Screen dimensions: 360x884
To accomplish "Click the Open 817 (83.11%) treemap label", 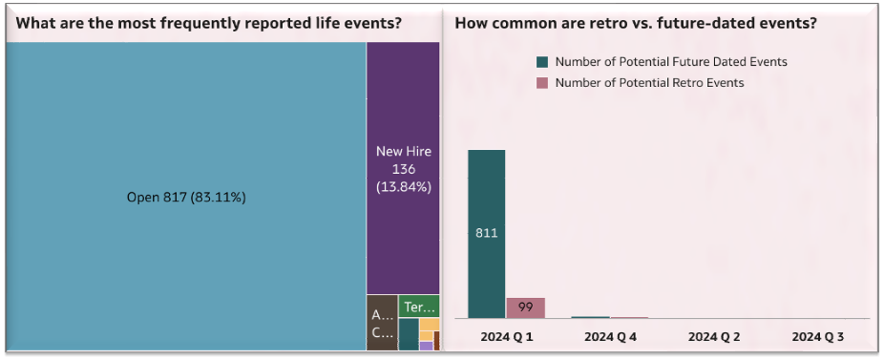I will (185, 198).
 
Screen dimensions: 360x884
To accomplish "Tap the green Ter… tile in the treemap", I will (419, 307).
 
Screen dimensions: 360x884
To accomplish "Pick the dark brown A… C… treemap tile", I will (382, 323).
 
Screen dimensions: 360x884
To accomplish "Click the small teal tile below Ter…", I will (408, 334).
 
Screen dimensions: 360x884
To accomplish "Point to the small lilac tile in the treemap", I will (426, 346).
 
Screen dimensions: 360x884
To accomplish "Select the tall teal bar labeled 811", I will (486, 233).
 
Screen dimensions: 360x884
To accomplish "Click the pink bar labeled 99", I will (525, 307).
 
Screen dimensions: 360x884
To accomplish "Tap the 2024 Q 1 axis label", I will (506, 337).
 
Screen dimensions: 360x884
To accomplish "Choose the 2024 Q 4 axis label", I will (610, 337).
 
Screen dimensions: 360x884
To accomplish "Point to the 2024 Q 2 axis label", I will (714, 337).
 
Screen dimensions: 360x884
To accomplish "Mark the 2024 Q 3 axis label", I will (817, 337).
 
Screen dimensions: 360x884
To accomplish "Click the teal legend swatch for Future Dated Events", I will (542, 62).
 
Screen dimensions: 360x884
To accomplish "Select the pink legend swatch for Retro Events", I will (542, 83).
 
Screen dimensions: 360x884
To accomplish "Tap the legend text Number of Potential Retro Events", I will (649, 83).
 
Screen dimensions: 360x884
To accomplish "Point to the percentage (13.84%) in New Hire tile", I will (403, 186).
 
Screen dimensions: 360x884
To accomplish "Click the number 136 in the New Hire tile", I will (403, 168).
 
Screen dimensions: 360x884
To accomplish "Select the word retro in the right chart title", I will (631, 23).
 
